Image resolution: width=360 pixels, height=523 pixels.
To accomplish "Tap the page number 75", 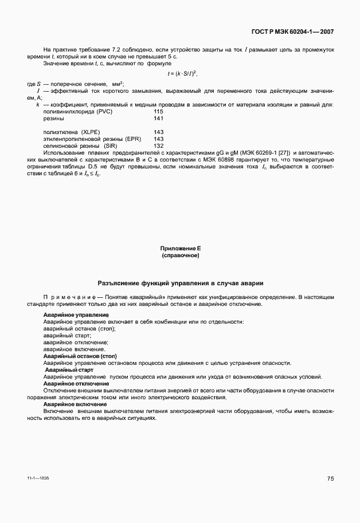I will point(331,478).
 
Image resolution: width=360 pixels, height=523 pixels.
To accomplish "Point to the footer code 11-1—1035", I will point(38,477).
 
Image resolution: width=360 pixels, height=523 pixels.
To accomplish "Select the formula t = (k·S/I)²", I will point(182,73).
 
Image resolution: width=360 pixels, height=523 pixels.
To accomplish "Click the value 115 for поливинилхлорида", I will point(159,111).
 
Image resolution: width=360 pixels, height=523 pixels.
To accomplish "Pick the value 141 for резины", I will point(159,118).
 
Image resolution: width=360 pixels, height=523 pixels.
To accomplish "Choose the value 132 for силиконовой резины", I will point(159,146).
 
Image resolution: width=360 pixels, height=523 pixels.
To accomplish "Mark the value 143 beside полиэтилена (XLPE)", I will point(159,132).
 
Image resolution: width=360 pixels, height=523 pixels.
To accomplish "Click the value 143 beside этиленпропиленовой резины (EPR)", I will point(159,139).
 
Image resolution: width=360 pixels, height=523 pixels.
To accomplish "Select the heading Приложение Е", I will point(180,248).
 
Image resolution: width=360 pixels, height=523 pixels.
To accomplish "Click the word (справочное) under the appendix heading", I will point(180,255).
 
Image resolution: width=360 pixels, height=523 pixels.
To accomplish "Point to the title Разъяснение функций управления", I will point(180,284).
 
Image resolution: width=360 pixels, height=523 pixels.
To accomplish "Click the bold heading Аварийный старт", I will point(65,370).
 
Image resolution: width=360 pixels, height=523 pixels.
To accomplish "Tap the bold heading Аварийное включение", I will point(70,404).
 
